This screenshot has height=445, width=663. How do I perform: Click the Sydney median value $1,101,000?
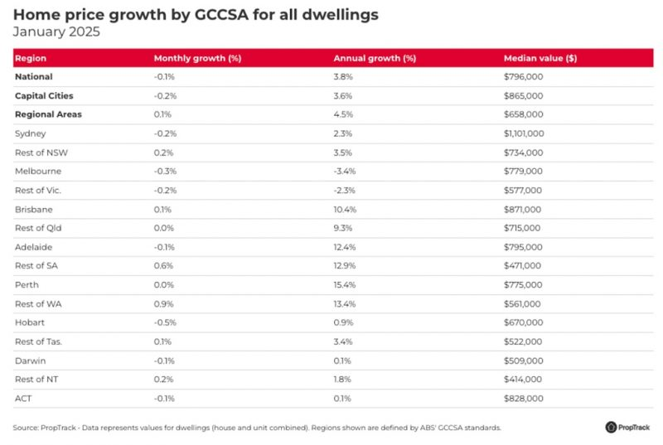coord(524,133)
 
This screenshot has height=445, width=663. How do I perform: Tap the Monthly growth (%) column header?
coord(197,59)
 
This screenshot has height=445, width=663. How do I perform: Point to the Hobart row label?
coord(31,323)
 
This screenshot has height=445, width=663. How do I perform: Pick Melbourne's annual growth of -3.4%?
coord(345,172)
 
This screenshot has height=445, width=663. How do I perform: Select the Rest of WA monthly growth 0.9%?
coord(163,304)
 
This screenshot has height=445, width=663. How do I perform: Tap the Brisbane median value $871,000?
coord(523,210)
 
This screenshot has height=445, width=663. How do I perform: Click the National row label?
coord(34,77)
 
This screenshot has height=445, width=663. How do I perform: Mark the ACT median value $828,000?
coord(523,399)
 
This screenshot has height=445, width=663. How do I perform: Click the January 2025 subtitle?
coord(57,32)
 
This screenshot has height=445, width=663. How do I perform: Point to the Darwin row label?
coord(30,361)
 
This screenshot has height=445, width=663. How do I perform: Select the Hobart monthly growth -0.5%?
coord(165,323)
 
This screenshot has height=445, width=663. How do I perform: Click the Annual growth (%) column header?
coord(375,59)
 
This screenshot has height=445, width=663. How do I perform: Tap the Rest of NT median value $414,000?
coord(523,380)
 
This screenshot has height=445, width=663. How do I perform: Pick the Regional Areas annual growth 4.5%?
coord(343,114)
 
